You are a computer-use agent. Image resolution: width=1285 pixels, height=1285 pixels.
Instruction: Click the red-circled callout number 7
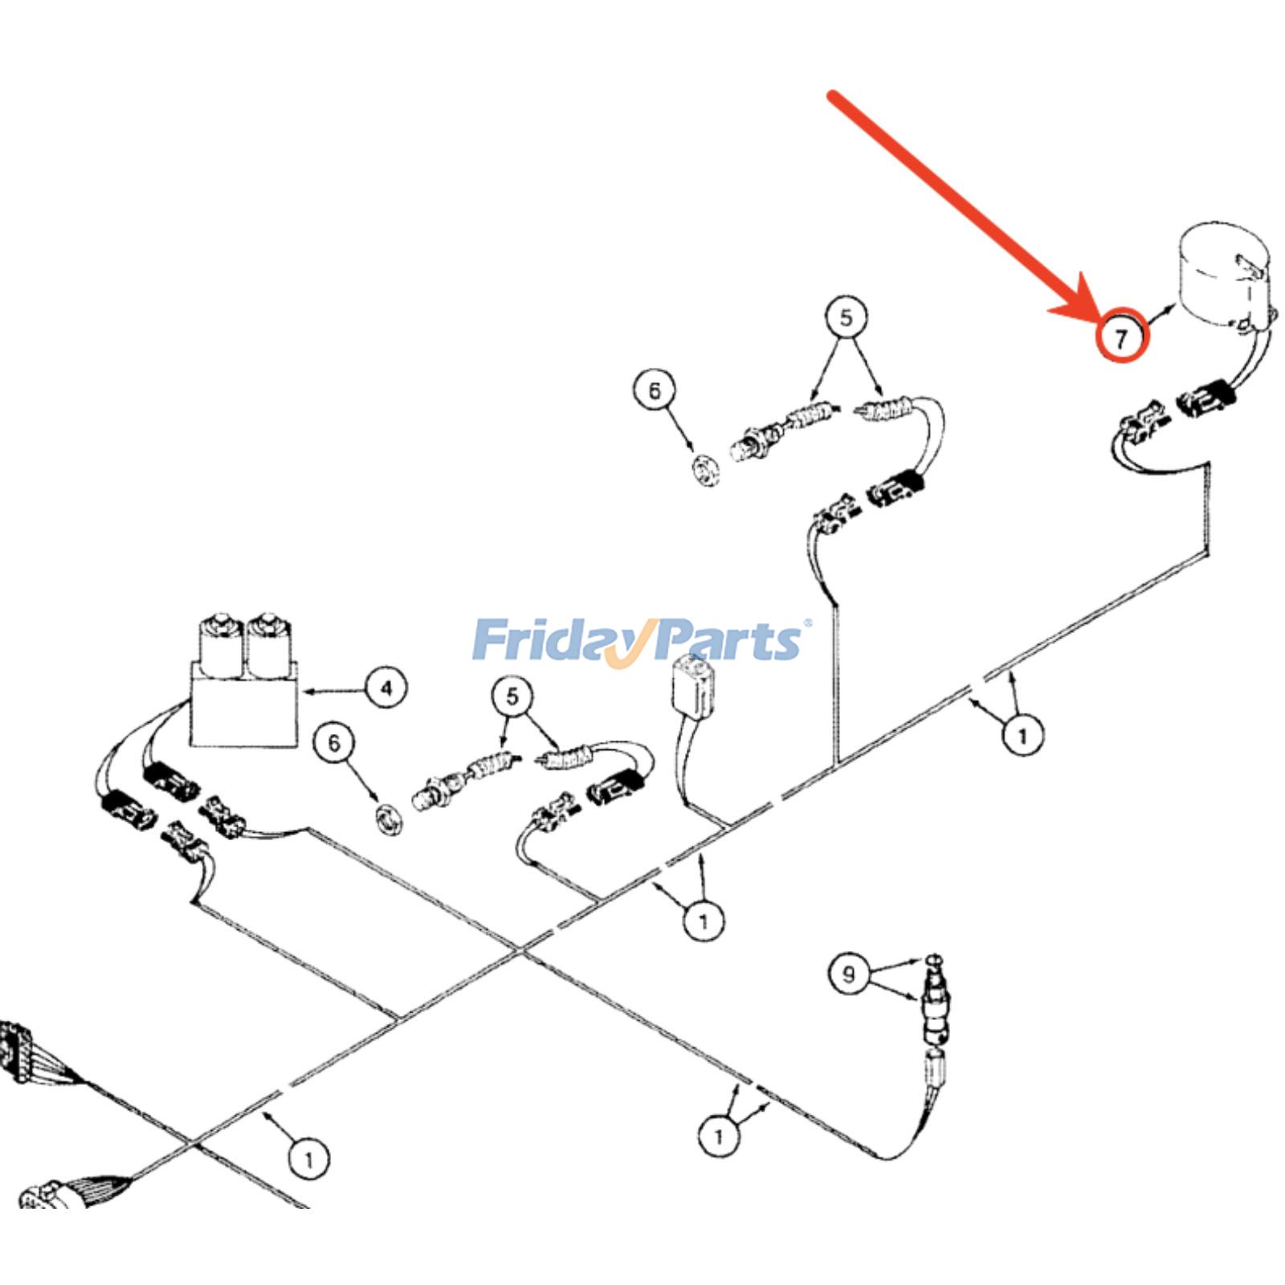1122,337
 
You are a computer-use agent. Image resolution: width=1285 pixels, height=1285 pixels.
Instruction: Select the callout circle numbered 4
386,688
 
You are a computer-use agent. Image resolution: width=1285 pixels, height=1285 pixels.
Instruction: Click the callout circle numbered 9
849,974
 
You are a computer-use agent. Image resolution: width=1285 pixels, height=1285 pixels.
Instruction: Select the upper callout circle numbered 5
846,317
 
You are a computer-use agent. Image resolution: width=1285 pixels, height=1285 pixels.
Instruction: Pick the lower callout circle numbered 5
513,696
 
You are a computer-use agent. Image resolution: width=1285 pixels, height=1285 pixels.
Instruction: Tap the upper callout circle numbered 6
655,390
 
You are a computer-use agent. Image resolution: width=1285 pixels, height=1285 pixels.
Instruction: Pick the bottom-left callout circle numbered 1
309,1159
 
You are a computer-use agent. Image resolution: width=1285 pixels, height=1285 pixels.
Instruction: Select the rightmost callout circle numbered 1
1022,735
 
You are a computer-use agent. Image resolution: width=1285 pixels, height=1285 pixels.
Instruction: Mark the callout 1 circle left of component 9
719,1136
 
